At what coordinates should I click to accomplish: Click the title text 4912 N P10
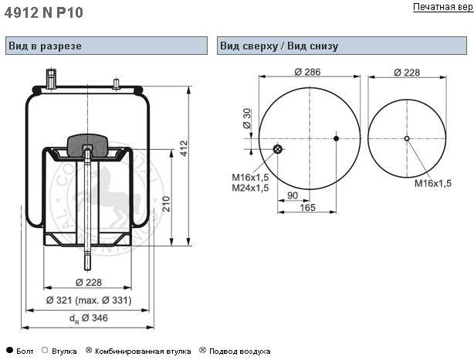coord(44,12)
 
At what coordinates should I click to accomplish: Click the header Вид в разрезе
coord(45,46)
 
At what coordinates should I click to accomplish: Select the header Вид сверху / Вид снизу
coord(279,46)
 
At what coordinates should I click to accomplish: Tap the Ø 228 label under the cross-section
coord(87,283)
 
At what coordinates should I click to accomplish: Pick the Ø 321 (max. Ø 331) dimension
coord(88,300)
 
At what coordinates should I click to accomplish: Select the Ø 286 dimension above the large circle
coord(307,73)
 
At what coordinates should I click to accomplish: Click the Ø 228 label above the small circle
coord(406,73)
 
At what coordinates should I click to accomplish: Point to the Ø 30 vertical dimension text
coord(247,118)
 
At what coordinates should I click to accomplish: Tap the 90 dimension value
coord(292,195)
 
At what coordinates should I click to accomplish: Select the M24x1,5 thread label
coord(250,188)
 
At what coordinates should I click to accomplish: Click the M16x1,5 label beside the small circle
coord(432,183)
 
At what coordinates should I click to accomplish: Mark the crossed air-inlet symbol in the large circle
coord(279,149)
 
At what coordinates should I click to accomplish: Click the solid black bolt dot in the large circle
coord(336,138)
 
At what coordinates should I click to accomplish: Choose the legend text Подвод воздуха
coord(239,351)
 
